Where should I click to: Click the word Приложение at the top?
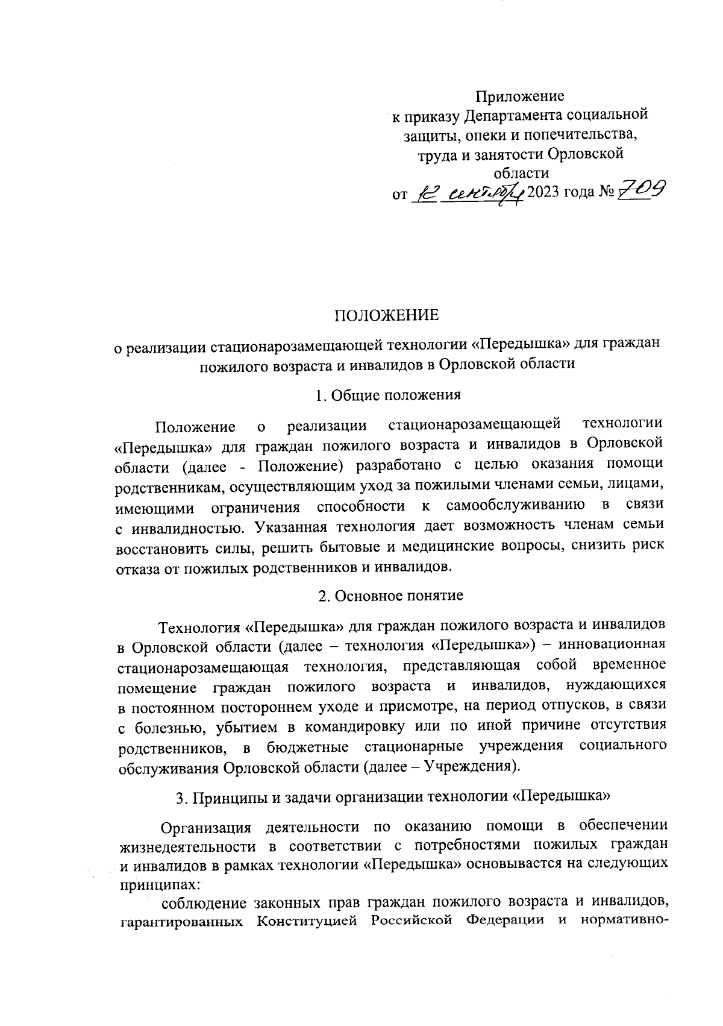(x=520, y=96)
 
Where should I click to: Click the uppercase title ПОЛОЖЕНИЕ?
(x=387, y=315)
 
